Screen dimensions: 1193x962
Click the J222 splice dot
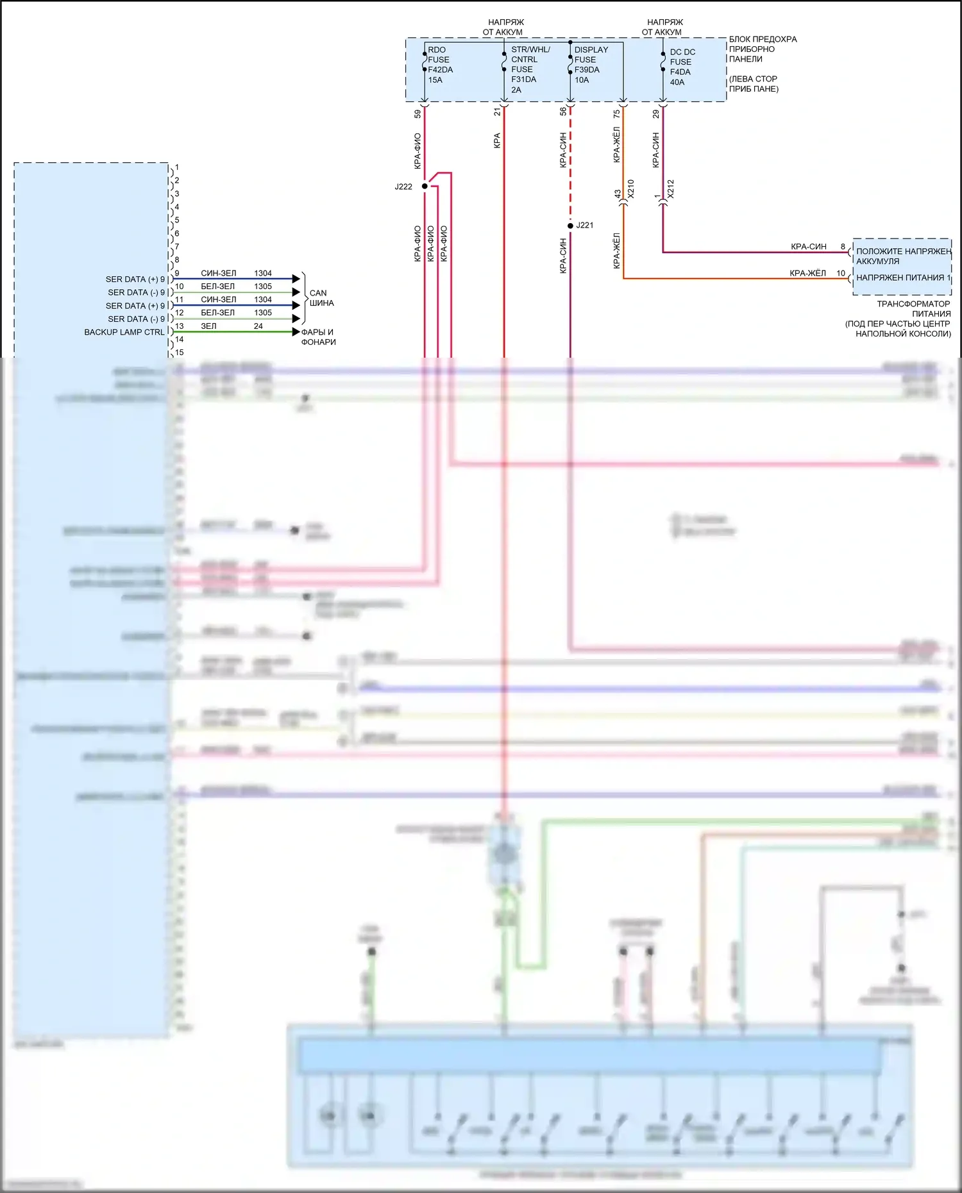(425, 187)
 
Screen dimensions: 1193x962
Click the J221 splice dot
(570, 226)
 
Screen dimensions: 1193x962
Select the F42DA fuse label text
(440, 70)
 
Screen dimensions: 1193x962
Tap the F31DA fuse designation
(523, 79)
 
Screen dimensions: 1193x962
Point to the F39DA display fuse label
(587, 70)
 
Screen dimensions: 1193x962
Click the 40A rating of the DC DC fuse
(677, 82)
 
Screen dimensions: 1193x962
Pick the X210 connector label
(630, 188)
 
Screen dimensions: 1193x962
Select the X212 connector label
(670, 188)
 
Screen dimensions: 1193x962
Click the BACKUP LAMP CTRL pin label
(124, 332)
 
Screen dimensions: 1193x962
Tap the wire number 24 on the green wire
(258, 326)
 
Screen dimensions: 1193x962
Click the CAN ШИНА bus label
(321, 298)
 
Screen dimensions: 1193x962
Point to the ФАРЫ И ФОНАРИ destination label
(318, 337)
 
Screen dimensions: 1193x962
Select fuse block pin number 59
(418, 113)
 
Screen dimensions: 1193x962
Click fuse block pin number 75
(616, 113)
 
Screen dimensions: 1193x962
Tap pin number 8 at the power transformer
(843, 247)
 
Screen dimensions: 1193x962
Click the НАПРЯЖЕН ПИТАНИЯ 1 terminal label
(903, 278)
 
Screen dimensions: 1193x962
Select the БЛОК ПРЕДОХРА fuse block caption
(763, 39)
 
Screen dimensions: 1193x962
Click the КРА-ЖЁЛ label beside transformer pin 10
(807, 273)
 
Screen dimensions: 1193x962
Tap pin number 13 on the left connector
(180, 326)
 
